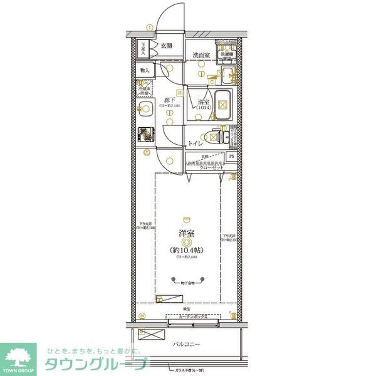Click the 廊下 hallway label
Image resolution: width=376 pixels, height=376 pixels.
[x=169, y=100]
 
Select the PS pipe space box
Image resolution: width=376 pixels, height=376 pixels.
[x=231, y=157]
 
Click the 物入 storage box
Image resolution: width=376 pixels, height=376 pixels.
[x=144, y=71]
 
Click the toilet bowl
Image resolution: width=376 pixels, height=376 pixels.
[x=213, y=135]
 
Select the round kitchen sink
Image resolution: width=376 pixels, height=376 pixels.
[x=144, y=111]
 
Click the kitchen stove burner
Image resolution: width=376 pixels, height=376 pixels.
[x=145, y=134]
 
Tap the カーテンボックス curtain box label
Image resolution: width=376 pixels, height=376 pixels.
[x=192, y=318]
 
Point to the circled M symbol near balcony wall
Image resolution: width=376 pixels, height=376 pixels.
[x=142, y=315]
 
